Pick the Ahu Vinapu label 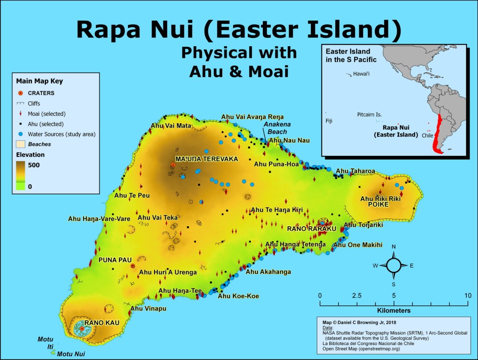point(148,308)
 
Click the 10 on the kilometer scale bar point(467,295)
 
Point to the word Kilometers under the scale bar point(393,310)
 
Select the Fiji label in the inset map point(330,120)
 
